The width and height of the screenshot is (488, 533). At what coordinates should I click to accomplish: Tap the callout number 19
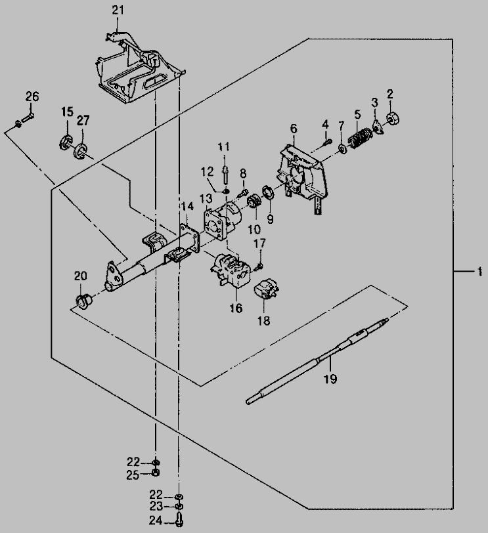pos(330,379)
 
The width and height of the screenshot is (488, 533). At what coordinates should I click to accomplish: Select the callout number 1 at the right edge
pos(479,270)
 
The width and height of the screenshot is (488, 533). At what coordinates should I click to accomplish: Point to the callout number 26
pos(32,97)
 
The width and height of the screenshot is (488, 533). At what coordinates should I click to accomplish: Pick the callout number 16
pos(235,308)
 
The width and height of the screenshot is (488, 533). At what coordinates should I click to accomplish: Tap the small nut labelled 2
pos(394,118)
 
